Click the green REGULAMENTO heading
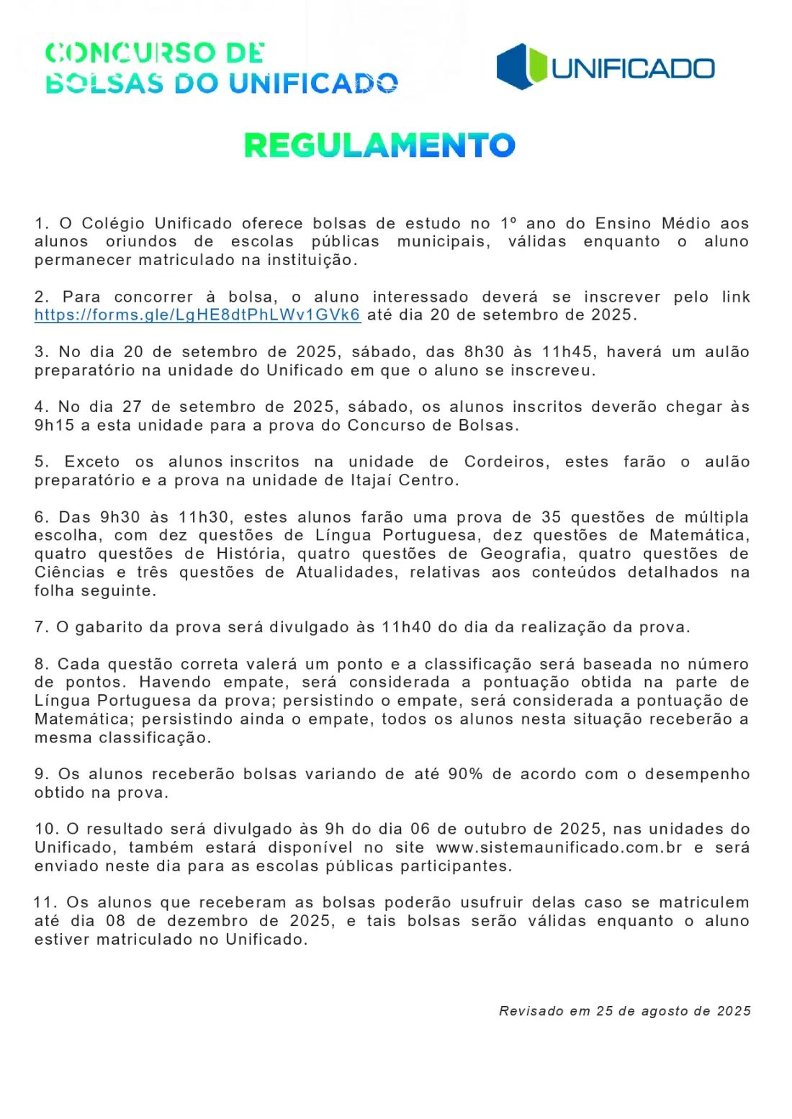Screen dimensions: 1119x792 [379, 145]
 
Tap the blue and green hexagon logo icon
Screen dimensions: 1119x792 [522, 67]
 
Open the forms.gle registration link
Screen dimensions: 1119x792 [197, 315]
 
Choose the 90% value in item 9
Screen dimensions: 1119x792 [465, 774]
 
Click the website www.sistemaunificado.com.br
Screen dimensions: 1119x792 [559, 848]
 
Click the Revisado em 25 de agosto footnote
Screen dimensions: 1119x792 [624, 1011]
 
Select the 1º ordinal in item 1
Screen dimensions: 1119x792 [509, 224]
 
